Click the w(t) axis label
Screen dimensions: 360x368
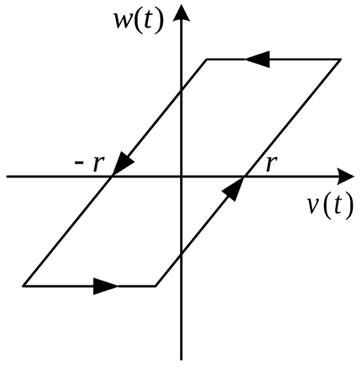point(138,22)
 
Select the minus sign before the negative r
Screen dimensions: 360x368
point(79,162)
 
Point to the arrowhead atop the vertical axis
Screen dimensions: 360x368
point(181,12)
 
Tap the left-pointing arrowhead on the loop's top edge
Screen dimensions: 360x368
point(257,59)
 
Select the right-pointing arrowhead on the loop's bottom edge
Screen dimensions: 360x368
point(106,286)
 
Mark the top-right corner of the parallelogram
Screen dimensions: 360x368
point(340,60)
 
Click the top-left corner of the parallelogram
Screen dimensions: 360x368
point(207,60)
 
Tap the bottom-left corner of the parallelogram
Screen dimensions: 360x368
point(24,286)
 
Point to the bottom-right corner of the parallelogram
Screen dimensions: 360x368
point(156,286)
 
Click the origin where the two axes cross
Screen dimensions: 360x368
point(181,176)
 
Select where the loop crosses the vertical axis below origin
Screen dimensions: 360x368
point(181,254)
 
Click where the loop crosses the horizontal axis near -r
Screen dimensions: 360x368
point(112,176)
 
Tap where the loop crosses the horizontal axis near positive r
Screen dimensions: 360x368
point(244,176)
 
